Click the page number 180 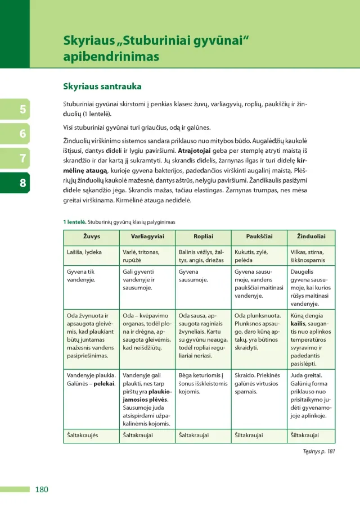tap(42, 489)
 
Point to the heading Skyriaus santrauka tap(102, 87)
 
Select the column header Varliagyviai tap(147, 236)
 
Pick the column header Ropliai tap(203, 236)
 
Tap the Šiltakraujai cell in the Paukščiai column tap(249, 434)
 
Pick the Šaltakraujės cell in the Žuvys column tap(83, 434)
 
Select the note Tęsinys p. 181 tap(318, 450)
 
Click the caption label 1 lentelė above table tap(74, 222)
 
